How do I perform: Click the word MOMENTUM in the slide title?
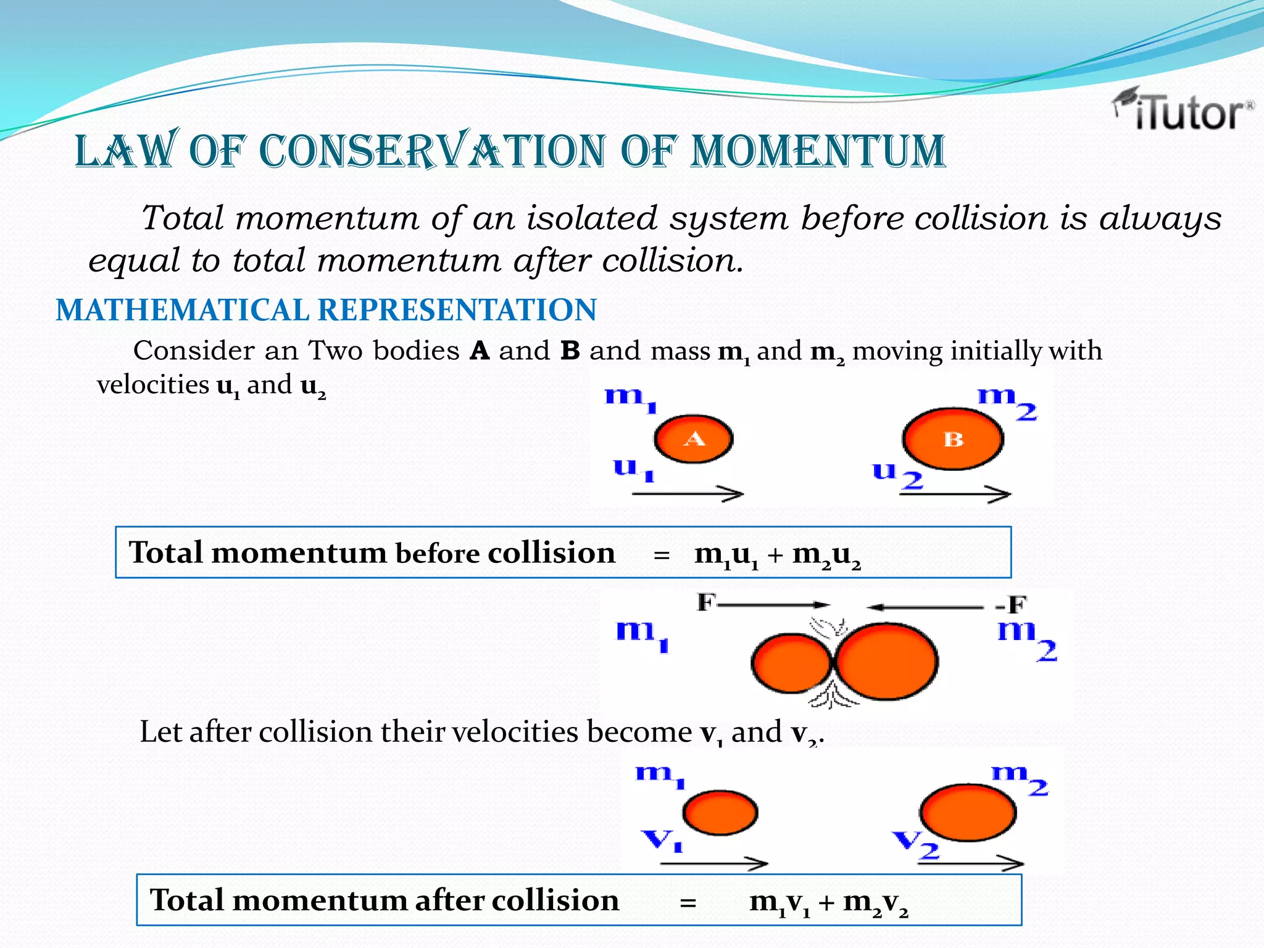pyautogui.click(x=818, y=151)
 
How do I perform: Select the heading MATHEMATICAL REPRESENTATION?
pyautogui.click(x=326, y=310)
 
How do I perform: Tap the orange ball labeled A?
pyautogui.click(x=694, y=439)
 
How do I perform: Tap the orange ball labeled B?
pyautogui.click(x=952, y=439)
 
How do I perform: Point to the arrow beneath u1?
pyautogui.click(x=688, y=494)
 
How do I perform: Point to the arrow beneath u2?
pyautogui.click(x=955, y=494)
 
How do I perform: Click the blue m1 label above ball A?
pyautogui.click(x=630, y=398)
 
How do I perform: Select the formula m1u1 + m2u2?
pyautogui.click(x=777, y=554)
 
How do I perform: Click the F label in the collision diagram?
pyautogui.click(x=706, y=602)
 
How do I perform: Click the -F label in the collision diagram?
pyautogui.click(x=1011, y=605)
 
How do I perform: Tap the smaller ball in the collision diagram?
pyautogui.click(x=791, y=663)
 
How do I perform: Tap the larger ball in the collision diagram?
pyautogui.click(x=886, y=662)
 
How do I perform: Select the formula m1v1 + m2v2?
pyautogui.click(x=829, y=902)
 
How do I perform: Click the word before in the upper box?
pyautogui.click(x=437, y=553)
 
